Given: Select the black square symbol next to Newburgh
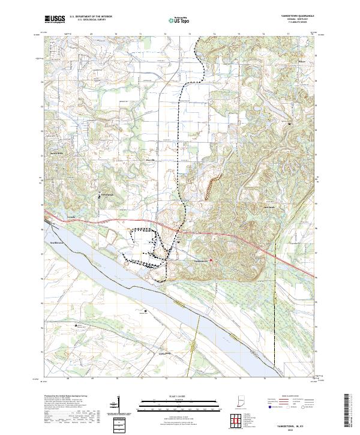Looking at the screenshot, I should [100, 193].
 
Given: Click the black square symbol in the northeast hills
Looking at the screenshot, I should [290, 124].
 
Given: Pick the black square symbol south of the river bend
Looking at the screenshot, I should [146, 311].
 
